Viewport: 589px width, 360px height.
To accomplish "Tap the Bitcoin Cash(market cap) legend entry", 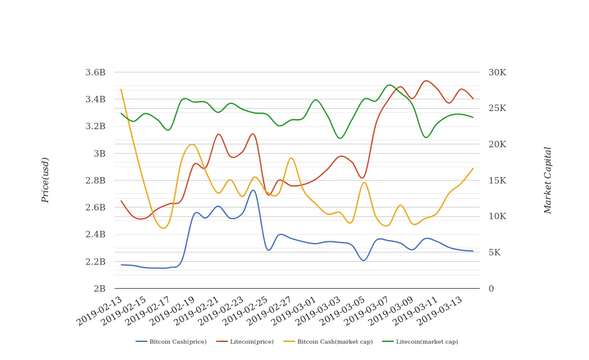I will click(327, 341).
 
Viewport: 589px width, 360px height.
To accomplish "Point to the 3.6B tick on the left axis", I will click(95, 72).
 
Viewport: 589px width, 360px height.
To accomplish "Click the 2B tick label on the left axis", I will click(99, 289).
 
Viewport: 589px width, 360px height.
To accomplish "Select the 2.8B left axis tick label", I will click(95, 181).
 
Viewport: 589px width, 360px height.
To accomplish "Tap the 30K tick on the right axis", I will click(497, 72).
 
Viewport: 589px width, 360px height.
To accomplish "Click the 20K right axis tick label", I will click(497, 144).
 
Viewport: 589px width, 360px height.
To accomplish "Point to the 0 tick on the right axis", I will click(491, 289).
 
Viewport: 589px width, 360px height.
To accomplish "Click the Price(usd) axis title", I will click(46, 180).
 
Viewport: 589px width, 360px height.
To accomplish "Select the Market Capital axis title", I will click(548, 180).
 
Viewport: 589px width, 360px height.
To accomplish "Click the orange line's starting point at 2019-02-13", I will click(121, 89).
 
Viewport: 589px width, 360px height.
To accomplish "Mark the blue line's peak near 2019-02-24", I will click(253, 190).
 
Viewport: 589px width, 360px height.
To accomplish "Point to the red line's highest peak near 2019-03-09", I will click(426, 81).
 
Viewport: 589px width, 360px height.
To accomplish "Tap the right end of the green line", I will click(473, 117).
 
